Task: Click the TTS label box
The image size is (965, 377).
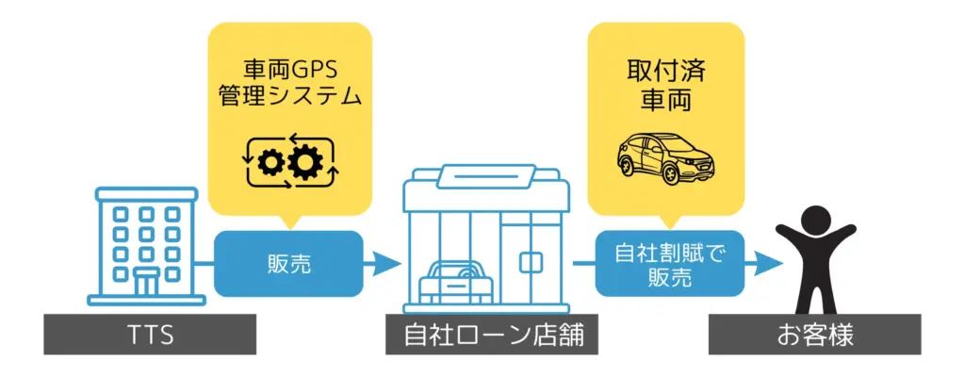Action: [150, 335]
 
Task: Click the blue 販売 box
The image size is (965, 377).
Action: [288, 264]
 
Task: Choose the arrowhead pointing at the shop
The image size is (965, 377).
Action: [387, 264]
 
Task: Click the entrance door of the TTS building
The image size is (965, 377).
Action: [147, 281]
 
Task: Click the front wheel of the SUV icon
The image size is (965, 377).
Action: [630, 173]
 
